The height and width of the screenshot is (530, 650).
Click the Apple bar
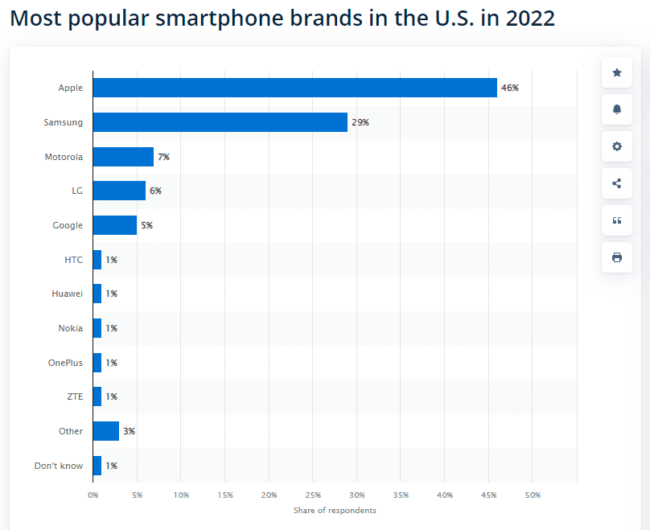click(x=294, y=88)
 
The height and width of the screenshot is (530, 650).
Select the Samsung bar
click(x=220, y=122)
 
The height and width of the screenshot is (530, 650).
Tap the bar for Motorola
click(x=123, y=157)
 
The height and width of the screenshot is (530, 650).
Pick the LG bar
click(x=119, y=191)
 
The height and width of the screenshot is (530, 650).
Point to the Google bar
click(x=115, y=225)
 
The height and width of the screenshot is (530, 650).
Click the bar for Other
click(x=106, y=431)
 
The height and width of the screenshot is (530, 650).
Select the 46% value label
click(x=510, y=88)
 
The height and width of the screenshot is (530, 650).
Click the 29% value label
click(x=360, y=122)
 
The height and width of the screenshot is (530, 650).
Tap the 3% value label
click(x=129, y=431)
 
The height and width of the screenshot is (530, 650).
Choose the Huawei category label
click(x=67, y=294)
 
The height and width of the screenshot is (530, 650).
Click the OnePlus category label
click(x=65, y=363)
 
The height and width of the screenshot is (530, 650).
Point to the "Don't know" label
click(x=59, y=466)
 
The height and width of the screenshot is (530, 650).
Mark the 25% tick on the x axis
click(x=313, y=495)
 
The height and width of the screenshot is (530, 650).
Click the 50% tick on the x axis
click(x=533, y=495)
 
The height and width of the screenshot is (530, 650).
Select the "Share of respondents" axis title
click(x=335, y=510)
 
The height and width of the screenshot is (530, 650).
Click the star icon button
click(x=617, y=73)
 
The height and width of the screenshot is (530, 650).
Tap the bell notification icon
click(x=617, y=110)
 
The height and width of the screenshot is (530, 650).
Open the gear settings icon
click(x=617, y=146)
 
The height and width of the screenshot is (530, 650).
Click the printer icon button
click(x=617, y=257)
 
